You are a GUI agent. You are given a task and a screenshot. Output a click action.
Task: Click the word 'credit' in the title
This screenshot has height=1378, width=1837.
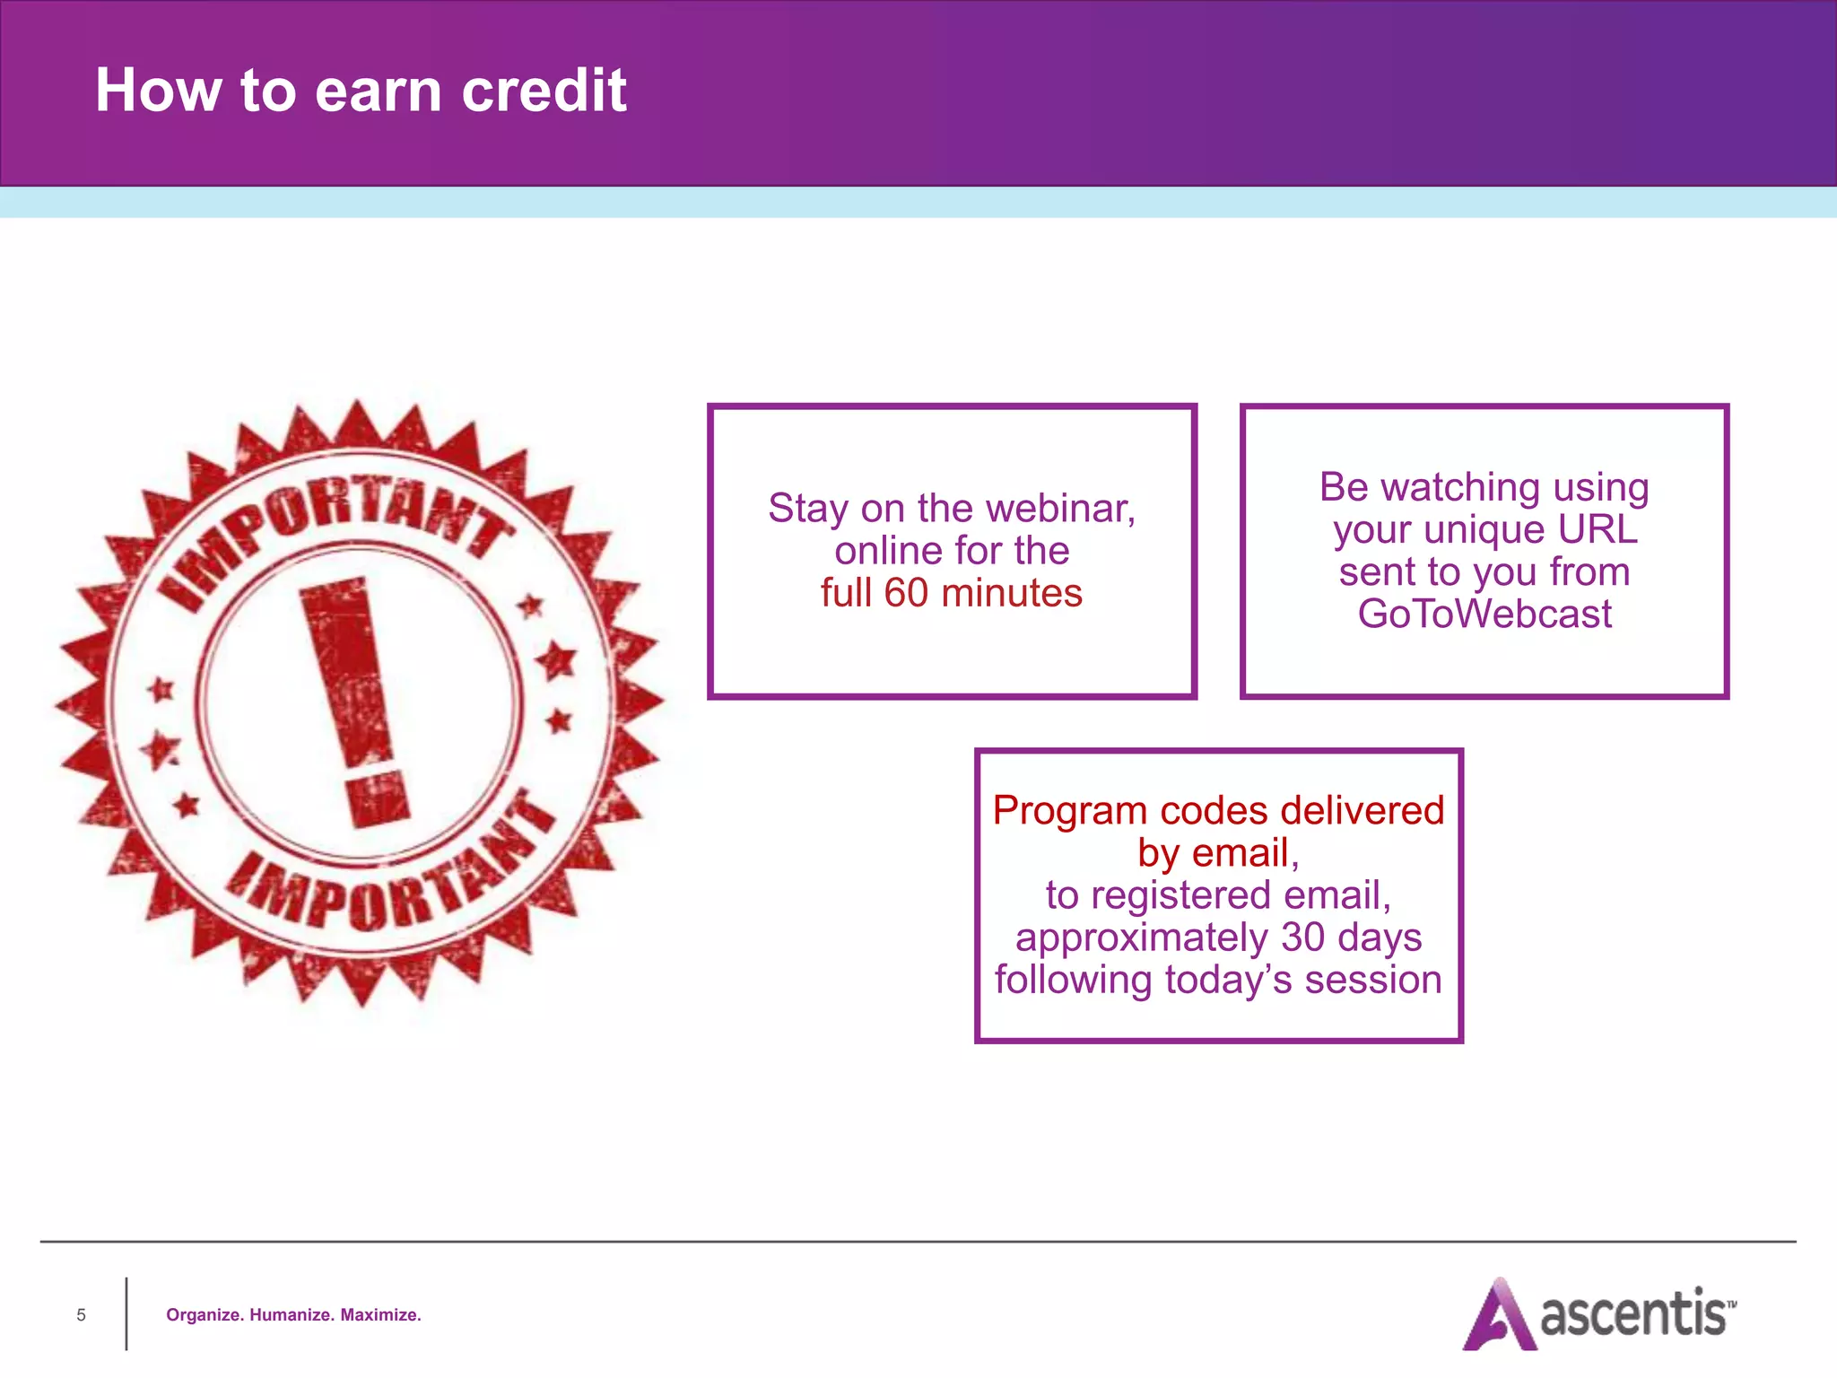point(544,91)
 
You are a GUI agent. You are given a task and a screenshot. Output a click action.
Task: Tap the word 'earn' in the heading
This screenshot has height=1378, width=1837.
point(379,92)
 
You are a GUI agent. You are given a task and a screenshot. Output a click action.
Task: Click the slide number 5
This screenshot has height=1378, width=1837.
point(81,1315)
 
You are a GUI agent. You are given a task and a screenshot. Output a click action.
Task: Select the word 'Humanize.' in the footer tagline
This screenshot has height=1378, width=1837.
point(292,1315)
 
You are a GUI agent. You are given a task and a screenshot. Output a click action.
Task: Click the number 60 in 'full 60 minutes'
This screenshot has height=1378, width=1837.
point(906,593)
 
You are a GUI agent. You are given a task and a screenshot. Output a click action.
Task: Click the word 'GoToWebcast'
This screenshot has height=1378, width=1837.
point(1484,615)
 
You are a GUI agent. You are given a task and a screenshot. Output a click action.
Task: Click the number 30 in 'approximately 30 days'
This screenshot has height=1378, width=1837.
point(1302,938)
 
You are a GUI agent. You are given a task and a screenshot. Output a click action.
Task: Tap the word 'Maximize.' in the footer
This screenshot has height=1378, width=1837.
point(380,1315)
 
